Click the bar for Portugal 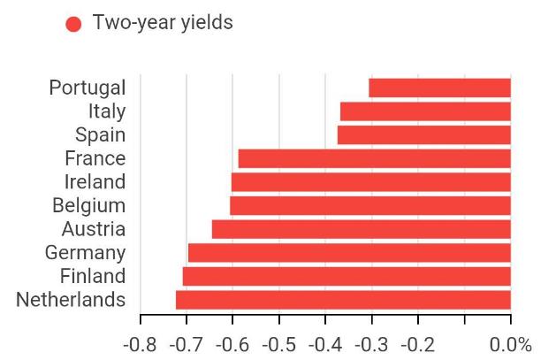click(439, 88)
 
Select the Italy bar click(425, 111)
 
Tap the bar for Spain click(424, 134)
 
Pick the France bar click(375, 158)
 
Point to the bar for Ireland click(371, 182)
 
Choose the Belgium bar click(370, 205)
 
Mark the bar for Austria click(362, 229)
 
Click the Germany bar click(350, 253)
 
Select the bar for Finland click(347, 276)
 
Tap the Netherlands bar click(343, 300)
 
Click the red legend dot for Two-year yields click(73, 24)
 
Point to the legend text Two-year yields click(163, 23)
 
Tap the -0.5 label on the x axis click(279, 344)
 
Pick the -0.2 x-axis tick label click(418, 344)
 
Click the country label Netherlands click(71, 300)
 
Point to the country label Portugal click(88, 88)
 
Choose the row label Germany click(85, 253)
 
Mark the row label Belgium click(88, 205)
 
